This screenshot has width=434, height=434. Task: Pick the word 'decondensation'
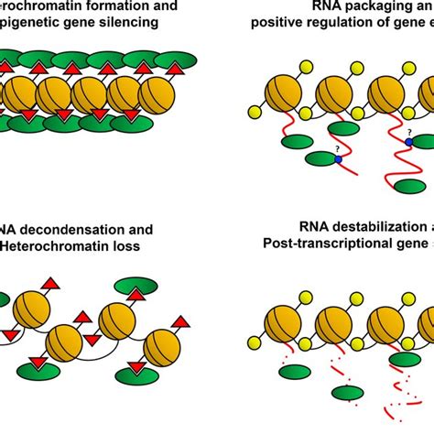pos(73,230)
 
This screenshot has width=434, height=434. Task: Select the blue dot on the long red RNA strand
pos(409,142)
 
